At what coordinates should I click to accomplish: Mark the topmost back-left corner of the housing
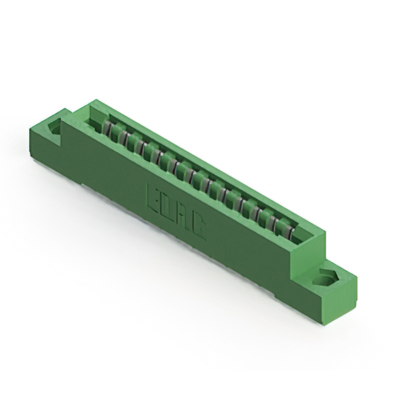point(96,99)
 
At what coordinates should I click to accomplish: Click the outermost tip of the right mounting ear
point(357,278)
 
